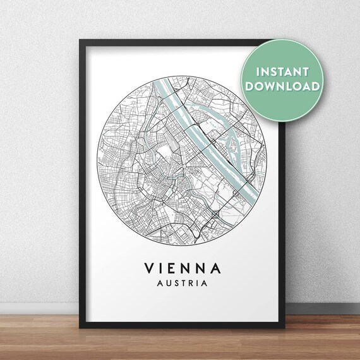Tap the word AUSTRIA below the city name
coord(179,284)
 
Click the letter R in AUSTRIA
coord(188,284)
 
